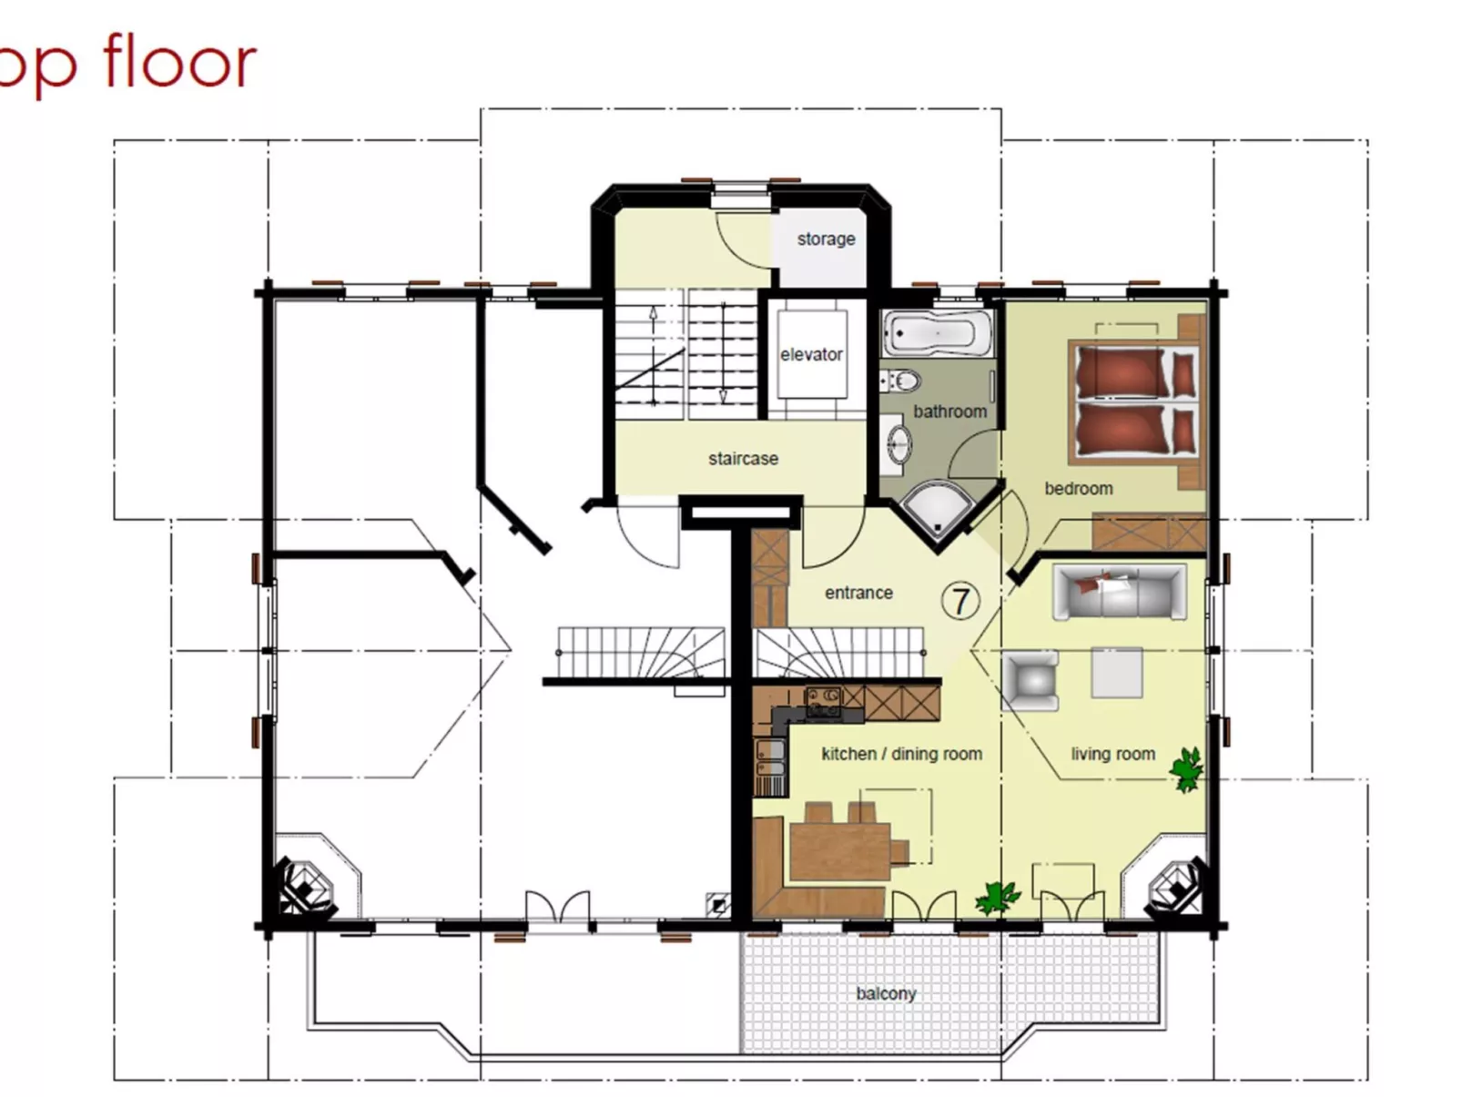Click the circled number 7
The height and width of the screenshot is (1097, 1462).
pyautogui.click(x=959, y=601)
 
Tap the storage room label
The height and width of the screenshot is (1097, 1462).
pyautogui.click(x=826, y=239)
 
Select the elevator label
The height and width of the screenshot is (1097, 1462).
pyautogui.click(x=811, y=354)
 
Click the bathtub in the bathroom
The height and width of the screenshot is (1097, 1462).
pyautogui.click(x=938, y=334)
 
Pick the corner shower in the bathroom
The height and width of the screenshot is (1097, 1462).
pyautogui.click(x=937, y=513)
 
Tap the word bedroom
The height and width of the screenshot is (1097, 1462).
pyautogui.click(x=1078, y=488)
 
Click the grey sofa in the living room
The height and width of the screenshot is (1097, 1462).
pyautogui.click(x=1119, y=592)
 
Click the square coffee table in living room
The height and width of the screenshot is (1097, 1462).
pyautogui.click(x=1117, y=673)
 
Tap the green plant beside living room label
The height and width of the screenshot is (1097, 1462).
pyautogui.click(x=1187, y=769)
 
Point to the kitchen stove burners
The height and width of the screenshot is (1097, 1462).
pyautogui.click(x=825, y=702)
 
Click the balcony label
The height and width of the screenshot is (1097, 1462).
pyautogui.click(x=886, y=993)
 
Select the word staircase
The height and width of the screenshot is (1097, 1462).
pyautogui.click(x=743, y=459)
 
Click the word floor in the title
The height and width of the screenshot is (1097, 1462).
pyautogui.click(x=179, y=62)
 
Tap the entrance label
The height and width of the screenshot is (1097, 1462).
pyautogui.click(x=858, y=593)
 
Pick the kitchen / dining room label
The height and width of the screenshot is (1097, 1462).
pyautogui.click(x=901, y=754)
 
